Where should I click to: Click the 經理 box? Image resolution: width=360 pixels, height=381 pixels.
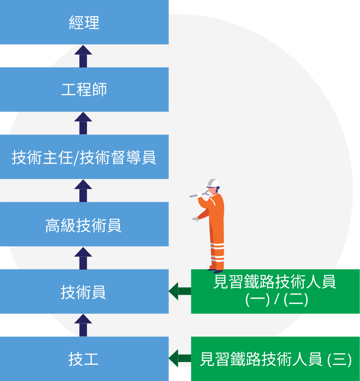pyautogui.click(x=84, y=22)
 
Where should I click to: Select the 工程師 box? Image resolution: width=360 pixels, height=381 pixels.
pyautogui.click(x=84, y=89)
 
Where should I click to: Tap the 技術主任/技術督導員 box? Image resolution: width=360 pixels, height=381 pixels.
pyautogui.click(x=84, y=157)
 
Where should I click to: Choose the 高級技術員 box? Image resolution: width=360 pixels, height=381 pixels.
pyautogui.click(x=84, y=224)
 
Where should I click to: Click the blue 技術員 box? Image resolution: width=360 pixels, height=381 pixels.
pyautogui.click(x=84, y=291)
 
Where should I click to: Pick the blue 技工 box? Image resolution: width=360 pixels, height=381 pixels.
pyautogui.click(x=84, y=359)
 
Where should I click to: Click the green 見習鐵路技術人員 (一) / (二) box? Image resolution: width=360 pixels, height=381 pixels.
pyautogui.click(x=275, y=291)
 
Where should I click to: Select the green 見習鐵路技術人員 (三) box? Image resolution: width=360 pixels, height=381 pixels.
pyautogui.click(x=275, y=359)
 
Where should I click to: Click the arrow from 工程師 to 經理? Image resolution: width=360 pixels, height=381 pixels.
pyautogui.click(x=83, y=56)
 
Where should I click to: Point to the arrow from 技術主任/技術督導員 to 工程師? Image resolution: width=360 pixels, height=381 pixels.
pyautogui.click(x=83, y=123)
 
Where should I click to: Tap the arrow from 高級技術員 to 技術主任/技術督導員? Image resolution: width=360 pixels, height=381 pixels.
pyautogui.click(x=83, y=191)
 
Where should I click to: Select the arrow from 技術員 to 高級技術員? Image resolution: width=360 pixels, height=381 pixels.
pyautogui.click(x=83, y=258)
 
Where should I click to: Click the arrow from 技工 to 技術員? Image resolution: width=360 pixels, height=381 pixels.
pyautogui.click(x=83, y=325)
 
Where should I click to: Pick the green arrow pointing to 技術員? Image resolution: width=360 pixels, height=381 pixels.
pyautogui.click(x=180, y=291)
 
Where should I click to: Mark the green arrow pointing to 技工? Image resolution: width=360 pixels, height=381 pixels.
pyautogui.click(x=180, y=358)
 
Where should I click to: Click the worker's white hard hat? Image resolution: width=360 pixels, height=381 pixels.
pyautogui.click(x=212, y=183)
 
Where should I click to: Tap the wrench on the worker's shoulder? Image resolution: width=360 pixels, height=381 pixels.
pyautogui.click(x=199, y=194)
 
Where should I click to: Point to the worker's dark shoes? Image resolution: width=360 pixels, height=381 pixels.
pyautogui.click(x=215, y=270)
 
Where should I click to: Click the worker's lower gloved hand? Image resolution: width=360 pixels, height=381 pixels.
pyautogui.click(x=195, y=219)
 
